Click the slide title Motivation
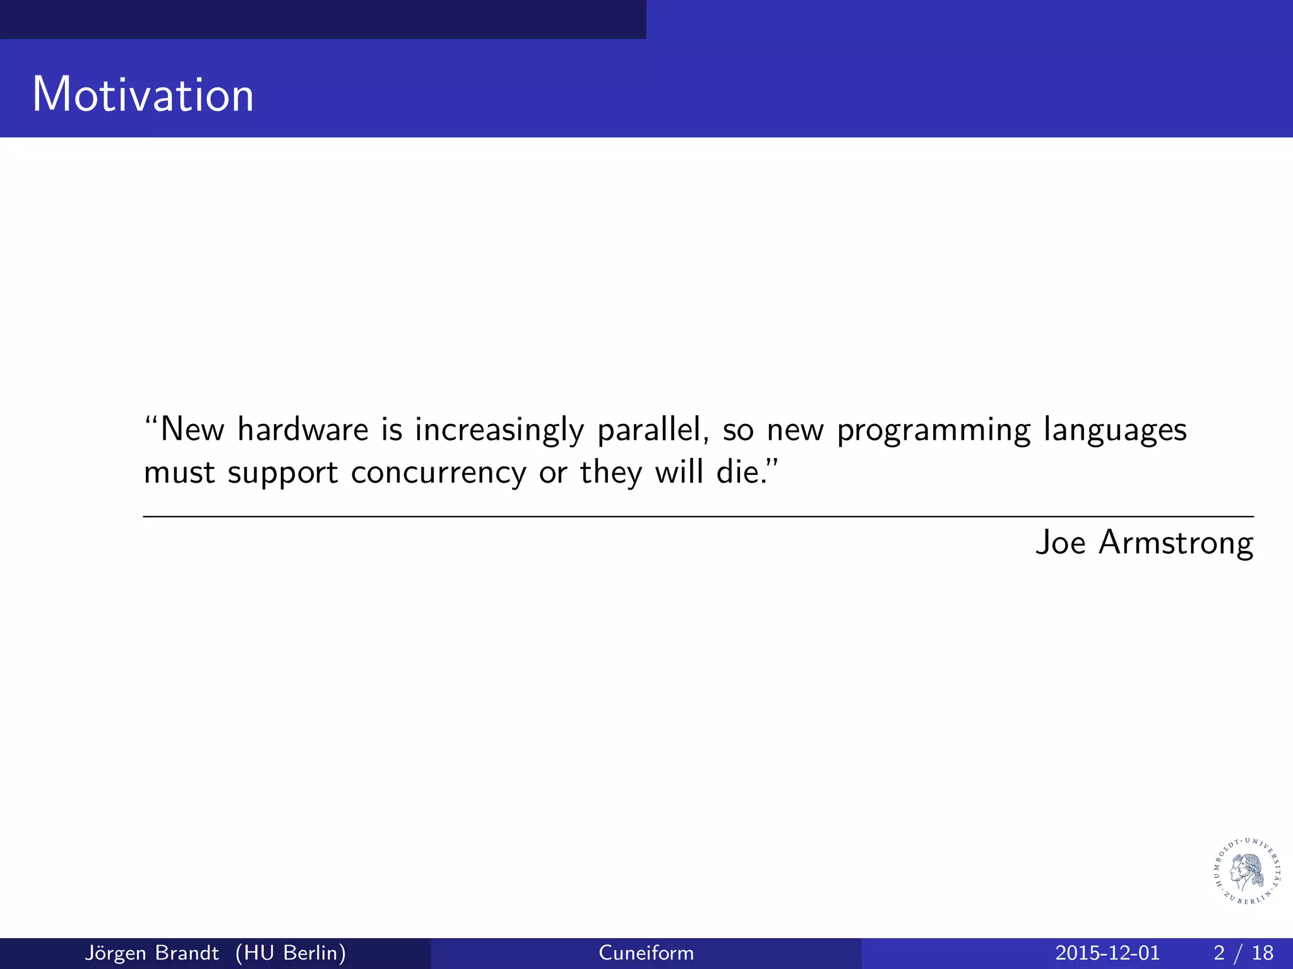(x=143, y=95)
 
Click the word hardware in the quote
(x=303, y=430)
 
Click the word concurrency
(x=438, y=473)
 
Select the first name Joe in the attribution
(x=1061, y=543)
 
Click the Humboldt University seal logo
(x=1247, y=871)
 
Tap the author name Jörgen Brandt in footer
(x=152, y=953)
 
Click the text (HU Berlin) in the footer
(x=290, y=953)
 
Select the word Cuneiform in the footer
(x=646, y=953)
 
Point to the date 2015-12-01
(x=1107, y=953)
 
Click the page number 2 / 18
(x=1243, y=953)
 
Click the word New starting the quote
(x=192, y=430)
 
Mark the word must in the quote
(x=179, y=473)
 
